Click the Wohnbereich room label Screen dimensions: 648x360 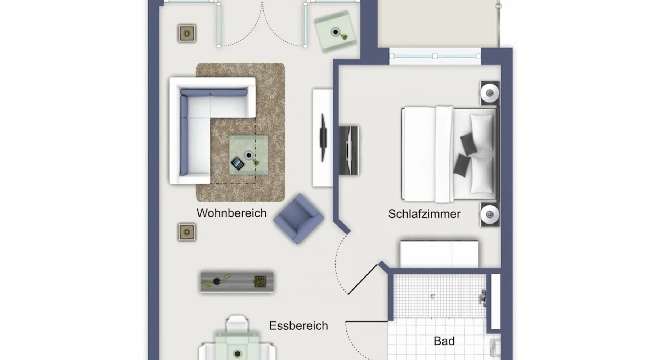point(231,213)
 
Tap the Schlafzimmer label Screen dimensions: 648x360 point(424,214)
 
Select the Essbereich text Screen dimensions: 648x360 point(298,325)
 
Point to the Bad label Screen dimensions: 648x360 point(444,341)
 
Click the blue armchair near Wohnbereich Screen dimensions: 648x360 point(299,219)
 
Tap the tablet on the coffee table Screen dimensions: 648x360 point(237,164)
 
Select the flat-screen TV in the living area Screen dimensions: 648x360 point(323,138)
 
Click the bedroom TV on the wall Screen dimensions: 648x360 point(349,150)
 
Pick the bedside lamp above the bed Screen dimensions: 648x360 point(490,93)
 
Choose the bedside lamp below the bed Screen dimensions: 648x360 point(490,215)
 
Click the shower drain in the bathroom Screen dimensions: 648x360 point(433,297)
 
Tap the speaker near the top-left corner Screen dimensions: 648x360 point(187,33)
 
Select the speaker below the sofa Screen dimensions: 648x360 point(187,232)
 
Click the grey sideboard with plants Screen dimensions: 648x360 point(237,282)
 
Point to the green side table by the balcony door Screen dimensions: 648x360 point(335,32)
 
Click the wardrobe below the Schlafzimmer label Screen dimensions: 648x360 point(439,254)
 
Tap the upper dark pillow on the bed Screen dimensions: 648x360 point(468,144)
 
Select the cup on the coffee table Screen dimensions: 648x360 point(248,156)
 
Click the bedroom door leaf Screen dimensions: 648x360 point(363,279)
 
